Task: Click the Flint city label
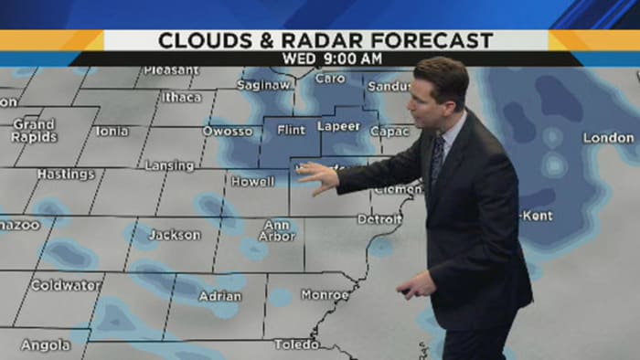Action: point(291,130)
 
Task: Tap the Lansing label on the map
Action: point(169,166)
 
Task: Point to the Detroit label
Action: point(379,219)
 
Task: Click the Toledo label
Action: point(296,344)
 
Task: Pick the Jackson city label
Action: point(174,235)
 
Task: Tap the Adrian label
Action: point(220,296)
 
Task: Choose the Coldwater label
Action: point(66,285)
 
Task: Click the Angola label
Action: point(45,345)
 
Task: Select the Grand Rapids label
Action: point(34,130)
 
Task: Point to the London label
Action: point(608,138)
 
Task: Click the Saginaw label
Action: point(263,85)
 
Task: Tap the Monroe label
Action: point(325,295)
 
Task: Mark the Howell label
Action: point(252,182)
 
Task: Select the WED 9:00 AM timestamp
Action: point(326,58)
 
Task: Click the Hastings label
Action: point(66,174)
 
